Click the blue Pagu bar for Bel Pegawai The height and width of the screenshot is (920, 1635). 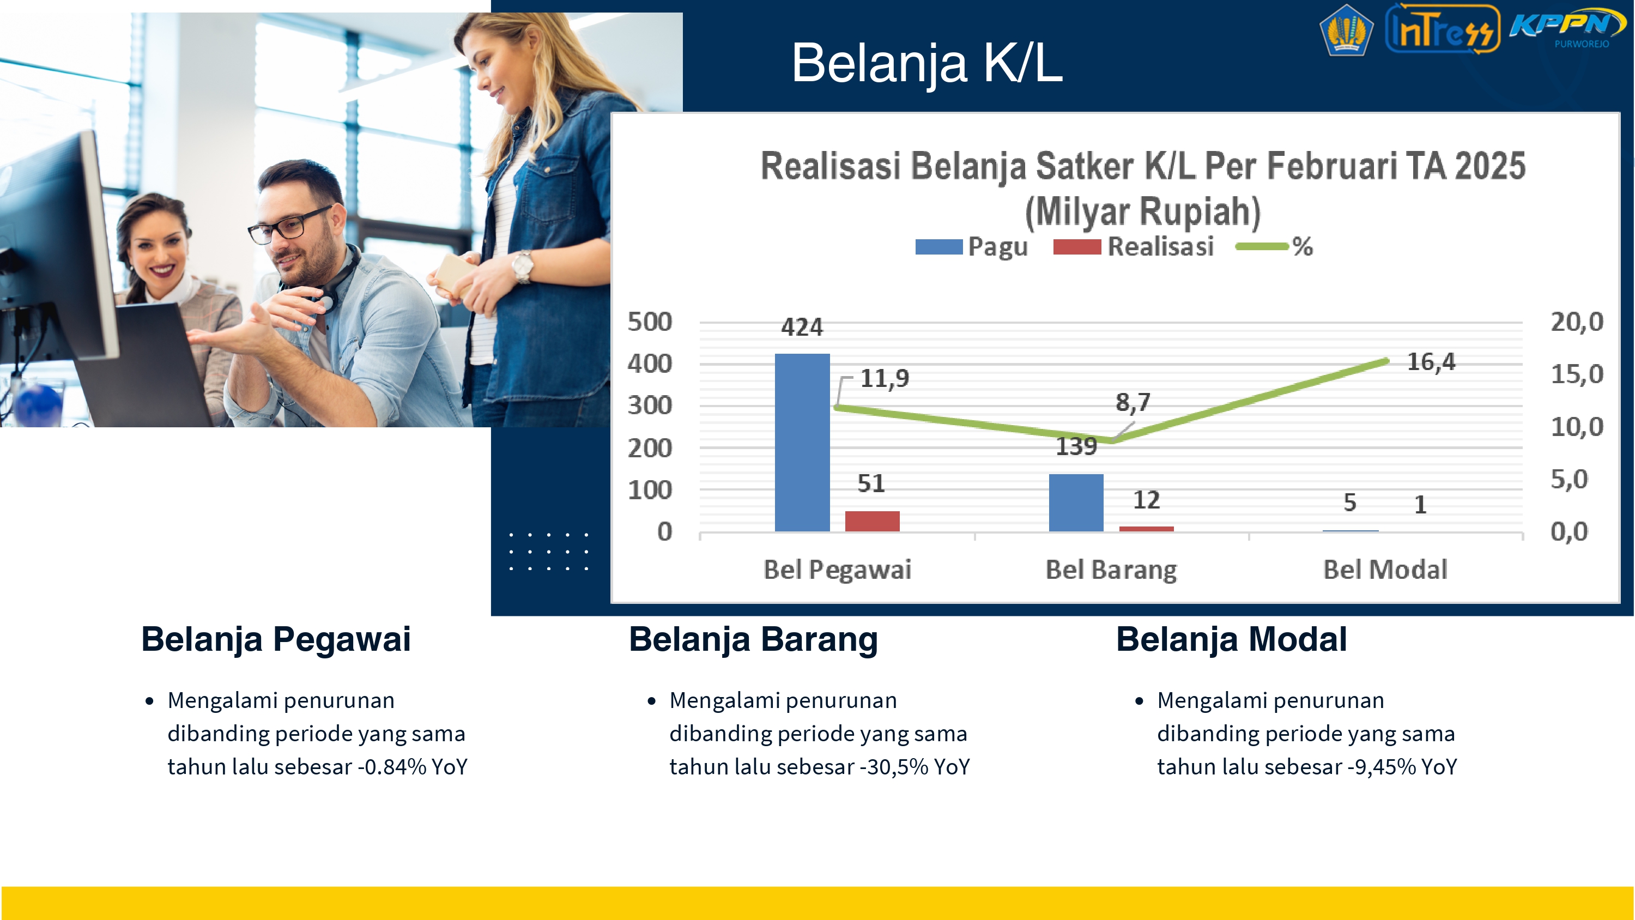point(802,442)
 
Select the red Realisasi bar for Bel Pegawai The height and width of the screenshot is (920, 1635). point(872,520)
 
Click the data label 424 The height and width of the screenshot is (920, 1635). point(802,328)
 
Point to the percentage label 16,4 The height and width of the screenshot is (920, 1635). point(1431,362)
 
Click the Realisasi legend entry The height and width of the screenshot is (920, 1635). point(1134,246)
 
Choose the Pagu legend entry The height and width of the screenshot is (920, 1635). point(971,246)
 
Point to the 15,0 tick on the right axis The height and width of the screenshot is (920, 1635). point(1577,374)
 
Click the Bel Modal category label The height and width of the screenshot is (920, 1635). point(1385,570)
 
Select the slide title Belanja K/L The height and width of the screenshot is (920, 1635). point(927,62)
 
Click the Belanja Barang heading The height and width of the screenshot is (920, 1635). point(753,639)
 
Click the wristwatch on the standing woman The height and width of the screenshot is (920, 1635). point(522,267)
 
